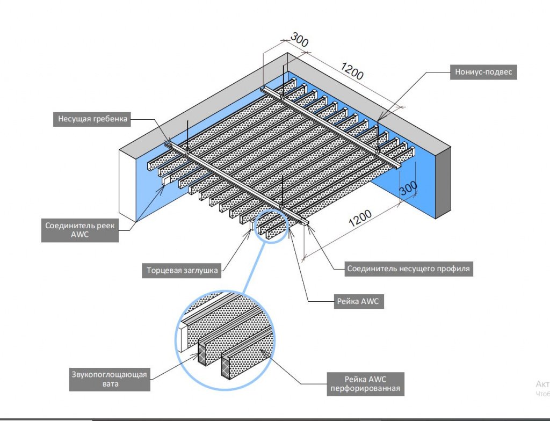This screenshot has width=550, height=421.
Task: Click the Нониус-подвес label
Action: click(482, 72)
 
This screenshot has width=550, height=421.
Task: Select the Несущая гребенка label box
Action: click(92, 119)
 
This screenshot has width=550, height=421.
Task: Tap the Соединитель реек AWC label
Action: click(80, 230)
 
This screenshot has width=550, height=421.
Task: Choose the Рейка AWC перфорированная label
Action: click(365, 383)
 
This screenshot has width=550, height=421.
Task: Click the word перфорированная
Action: click(365, 388)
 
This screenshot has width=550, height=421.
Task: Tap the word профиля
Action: click(455, 268)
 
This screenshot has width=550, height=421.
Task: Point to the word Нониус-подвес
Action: click(482, 72)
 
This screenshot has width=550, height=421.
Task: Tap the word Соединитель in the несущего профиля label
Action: click(369, 268)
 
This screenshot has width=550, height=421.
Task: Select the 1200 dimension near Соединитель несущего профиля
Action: click(360, 216)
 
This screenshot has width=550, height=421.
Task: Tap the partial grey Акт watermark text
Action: click(542, 384)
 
